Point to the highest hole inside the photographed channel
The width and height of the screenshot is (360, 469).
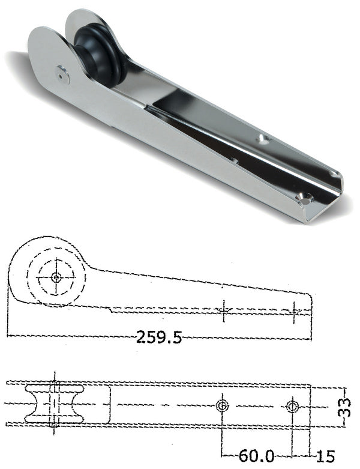[x=262, y=139]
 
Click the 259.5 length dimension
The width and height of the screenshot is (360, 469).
[x=158, y=337]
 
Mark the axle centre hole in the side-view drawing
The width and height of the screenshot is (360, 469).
[x=56, y=277]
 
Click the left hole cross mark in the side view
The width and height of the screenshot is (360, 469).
[x=222, y=310]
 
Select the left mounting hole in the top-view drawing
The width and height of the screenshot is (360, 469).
[x=222, y=407]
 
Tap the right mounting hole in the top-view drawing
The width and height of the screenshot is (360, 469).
[x=292, y=407]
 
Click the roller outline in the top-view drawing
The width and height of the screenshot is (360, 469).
[x=53, y=405]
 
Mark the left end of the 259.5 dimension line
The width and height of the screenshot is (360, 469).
[x=8, y=337]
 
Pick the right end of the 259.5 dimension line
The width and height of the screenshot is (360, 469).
[x=311, y=339]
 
